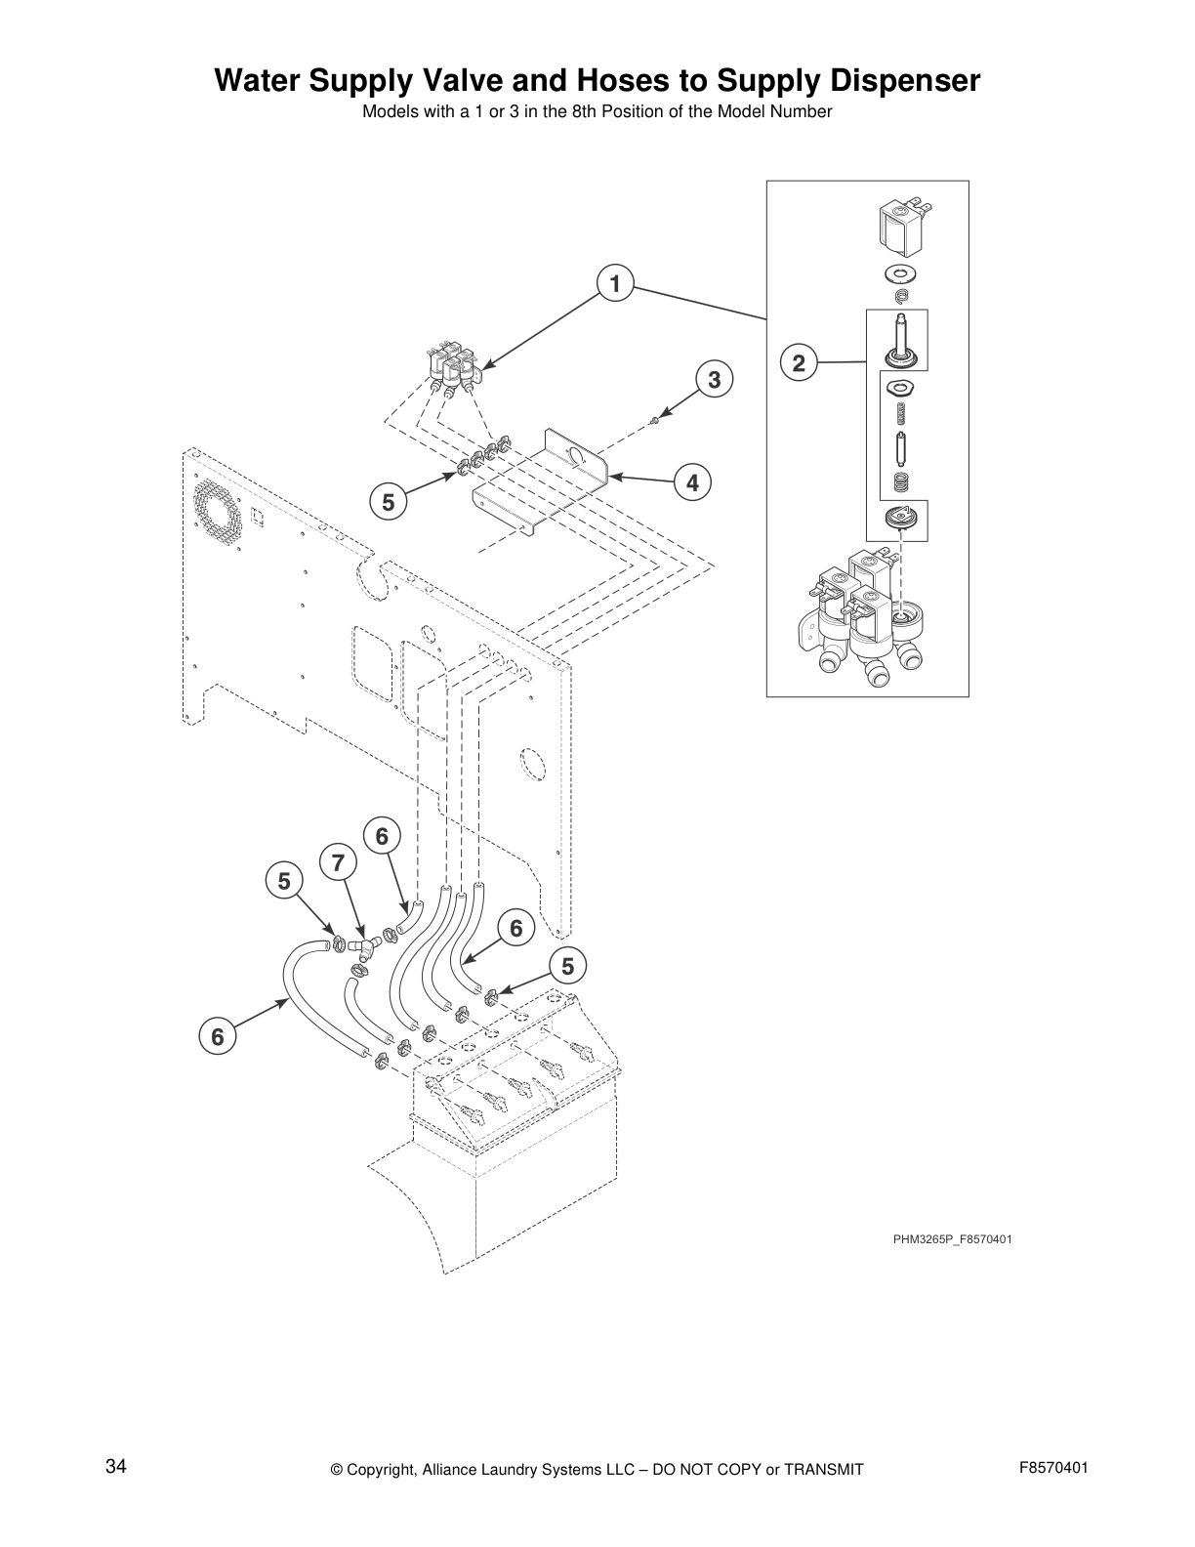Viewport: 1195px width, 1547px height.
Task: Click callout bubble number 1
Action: tap(614, 284)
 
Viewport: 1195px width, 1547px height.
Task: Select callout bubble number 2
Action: tap(799, 363)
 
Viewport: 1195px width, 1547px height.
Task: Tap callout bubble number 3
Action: tap(714, 380)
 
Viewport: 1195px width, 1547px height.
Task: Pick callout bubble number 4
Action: tap(692, 482)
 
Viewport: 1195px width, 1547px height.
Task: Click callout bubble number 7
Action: tap(338, 863)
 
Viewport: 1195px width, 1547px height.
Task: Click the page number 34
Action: tap(116, 1466)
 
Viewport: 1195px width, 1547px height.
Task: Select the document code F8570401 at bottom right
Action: tap(1053, 1468)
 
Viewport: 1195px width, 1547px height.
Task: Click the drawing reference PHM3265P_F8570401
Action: tap(952, 1240)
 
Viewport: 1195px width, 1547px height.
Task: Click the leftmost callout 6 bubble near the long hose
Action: tap(218, 1036)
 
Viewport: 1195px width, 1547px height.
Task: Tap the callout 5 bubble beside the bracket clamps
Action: tap(388, 502)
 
